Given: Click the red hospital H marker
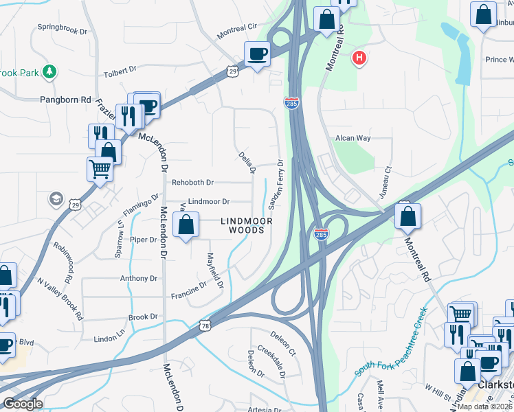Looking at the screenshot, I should tap(358, 58).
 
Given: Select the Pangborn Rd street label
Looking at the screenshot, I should tap(66, 100).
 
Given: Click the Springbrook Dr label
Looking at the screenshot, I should tap(63, 32).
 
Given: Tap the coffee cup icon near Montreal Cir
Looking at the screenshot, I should tap(258, 54).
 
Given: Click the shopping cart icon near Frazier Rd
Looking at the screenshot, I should tap(100, 168).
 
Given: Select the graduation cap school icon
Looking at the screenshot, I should tap(55, 199).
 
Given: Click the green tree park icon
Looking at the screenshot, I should tap(49, 71).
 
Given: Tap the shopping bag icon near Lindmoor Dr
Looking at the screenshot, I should tap(186, 224).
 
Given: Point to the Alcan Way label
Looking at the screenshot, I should tap(353, 138).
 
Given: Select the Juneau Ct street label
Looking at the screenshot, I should tap(388, 178).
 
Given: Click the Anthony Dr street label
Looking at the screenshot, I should tap(139, 279).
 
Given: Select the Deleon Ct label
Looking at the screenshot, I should tap(282, 343).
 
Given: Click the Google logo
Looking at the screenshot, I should tap(23, 404).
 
